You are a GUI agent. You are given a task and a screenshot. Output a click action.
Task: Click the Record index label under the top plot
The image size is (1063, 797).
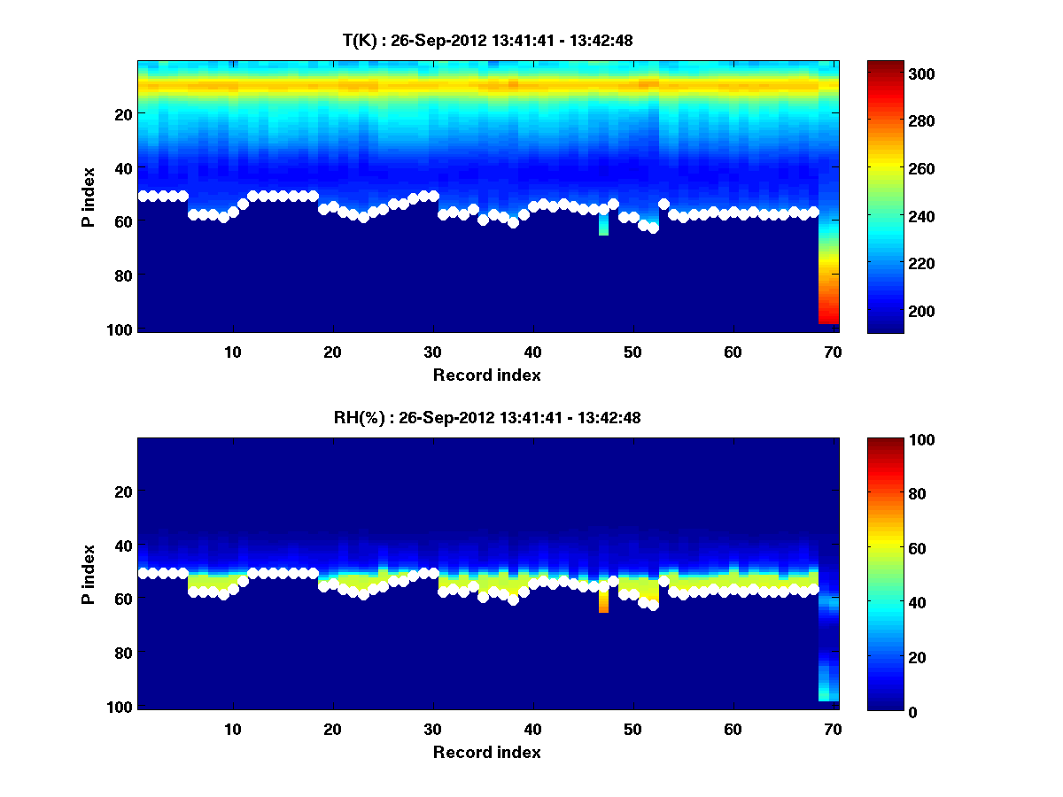tap(486, 375)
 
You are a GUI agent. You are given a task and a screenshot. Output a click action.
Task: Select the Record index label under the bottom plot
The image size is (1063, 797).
tap(486, 752)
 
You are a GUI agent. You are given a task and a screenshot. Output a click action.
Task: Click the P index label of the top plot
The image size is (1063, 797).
tap(89, 197)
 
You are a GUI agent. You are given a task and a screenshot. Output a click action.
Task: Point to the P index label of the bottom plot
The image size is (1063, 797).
tap(89, 574)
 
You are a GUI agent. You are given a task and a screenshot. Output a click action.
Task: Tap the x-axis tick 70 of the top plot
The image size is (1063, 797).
tap(832, 352)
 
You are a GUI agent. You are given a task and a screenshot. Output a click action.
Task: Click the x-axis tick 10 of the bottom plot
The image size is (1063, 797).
tap(232, 729)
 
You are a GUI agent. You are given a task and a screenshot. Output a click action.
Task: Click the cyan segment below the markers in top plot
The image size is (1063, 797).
tap(603, 226)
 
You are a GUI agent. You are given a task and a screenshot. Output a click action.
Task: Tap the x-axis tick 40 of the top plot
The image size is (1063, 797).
tap(532, 352)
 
